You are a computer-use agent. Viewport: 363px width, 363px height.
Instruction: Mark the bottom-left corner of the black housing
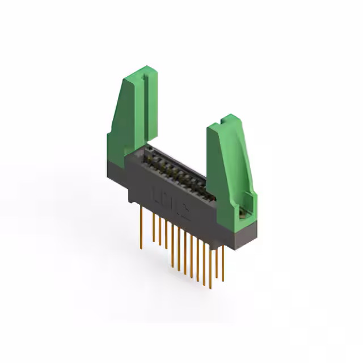click(130, 201)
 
